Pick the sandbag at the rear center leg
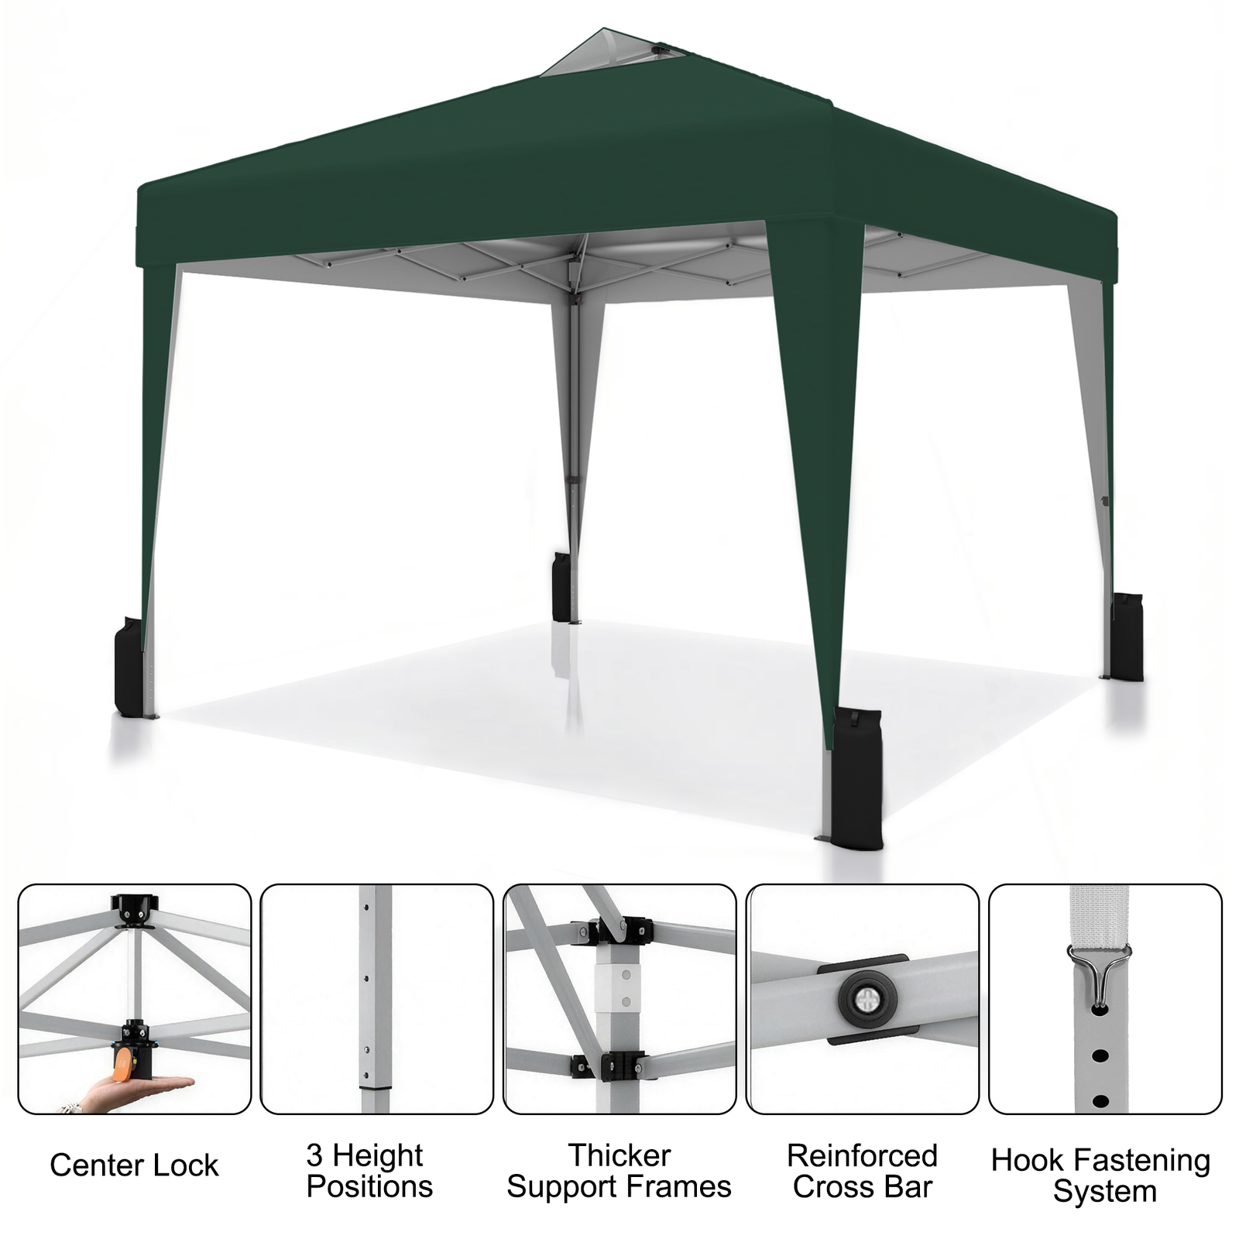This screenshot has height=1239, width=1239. click(x=561, y=586)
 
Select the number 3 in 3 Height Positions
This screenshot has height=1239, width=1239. click(x=314, y=1155)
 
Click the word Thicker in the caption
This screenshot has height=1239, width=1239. click(x=619, y=1155)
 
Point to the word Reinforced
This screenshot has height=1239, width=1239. click(x=862, y=1156)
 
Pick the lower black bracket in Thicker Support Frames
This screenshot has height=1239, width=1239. click(x=612, y=1066)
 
